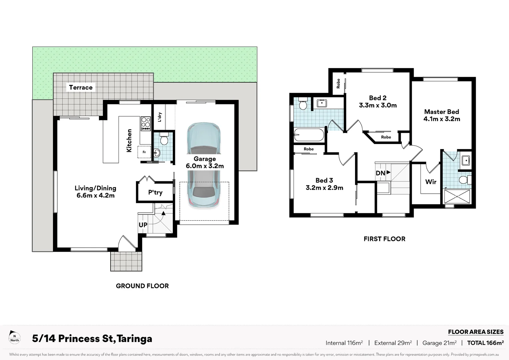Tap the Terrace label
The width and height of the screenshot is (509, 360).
pyautogui.click(x=81, y=87)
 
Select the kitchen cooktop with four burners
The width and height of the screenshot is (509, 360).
pyautogui.click(x=146, y=123)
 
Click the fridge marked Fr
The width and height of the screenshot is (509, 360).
pyautogui.click(x=144, y=152)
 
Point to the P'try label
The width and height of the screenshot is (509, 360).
pyautogui.click(x=155, y=192)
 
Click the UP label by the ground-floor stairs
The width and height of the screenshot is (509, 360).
pyautogui.click(x=143, y=225)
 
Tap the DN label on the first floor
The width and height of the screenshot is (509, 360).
pyautogui.click(x=381, y=173)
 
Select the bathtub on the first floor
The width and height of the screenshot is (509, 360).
pyautogui.click(x=309, y=135)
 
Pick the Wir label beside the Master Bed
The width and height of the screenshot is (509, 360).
pyautogui.click(x=431, y=182)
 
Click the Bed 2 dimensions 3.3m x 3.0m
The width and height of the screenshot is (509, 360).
pyautogui.click(x=378, y=105)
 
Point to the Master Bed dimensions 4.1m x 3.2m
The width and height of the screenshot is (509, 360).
pyautogui.click(x=442, y=119)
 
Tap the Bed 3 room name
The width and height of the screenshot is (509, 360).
pyautogui.click(x=324, y=180)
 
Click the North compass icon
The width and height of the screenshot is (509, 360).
pyautogui.click(x=14, y=337)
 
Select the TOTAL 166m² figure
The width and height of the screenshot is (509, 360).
pyautogui.click(x=485, y=343)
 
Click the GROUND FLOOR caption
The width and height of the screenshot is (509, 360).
pyautogui.click(x=142, y=286)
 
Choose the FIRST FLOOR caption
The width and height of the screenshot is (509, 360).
pyautogui.click(x=384, y=239)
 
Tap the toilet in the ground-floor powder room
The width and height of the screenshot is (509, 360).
pyautogui.click(x=164, y=139)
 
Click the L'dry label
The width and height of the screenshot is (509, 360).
pyautogui.click(x=160, y=117)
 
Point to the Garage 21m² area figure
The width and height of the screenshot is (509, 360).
pyautogui.click(x=439, y=343)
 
